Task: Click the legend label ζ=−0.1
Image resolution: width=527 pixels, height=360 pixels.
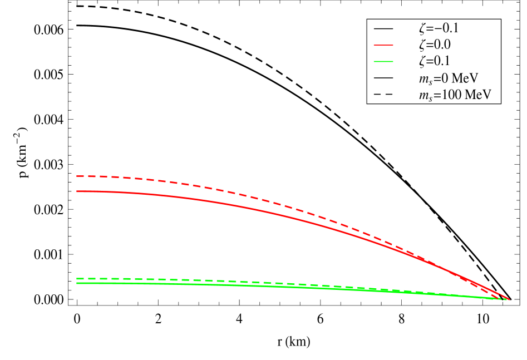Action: click(x=439, y=28)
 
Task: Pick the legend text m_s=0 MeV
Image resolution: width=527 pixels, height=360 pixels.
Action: click(x=449, y=78)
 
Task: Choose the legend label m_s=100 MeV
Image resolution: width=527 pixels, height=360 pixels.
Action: click(x=455, y=95)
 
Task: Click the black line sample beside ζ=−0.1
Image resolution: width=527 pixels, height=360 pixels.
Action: click(x=383, y=28)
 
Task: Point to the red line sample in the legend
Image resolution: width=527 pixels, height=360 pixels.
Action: click(x=383, y=45)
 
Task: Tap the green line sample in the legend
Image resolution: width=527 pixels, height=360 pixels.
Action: click(x=383, y=61)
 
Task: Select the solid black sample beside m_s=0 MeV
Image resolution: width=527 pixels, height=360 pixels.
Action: click(x=383, y=78)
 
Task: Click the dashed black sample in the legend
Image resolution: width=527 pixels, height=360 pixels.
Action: click(x=383, y=95)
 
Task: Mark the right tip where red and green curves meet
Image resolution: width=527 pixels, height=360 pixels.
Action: click(x=508, y=299)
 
